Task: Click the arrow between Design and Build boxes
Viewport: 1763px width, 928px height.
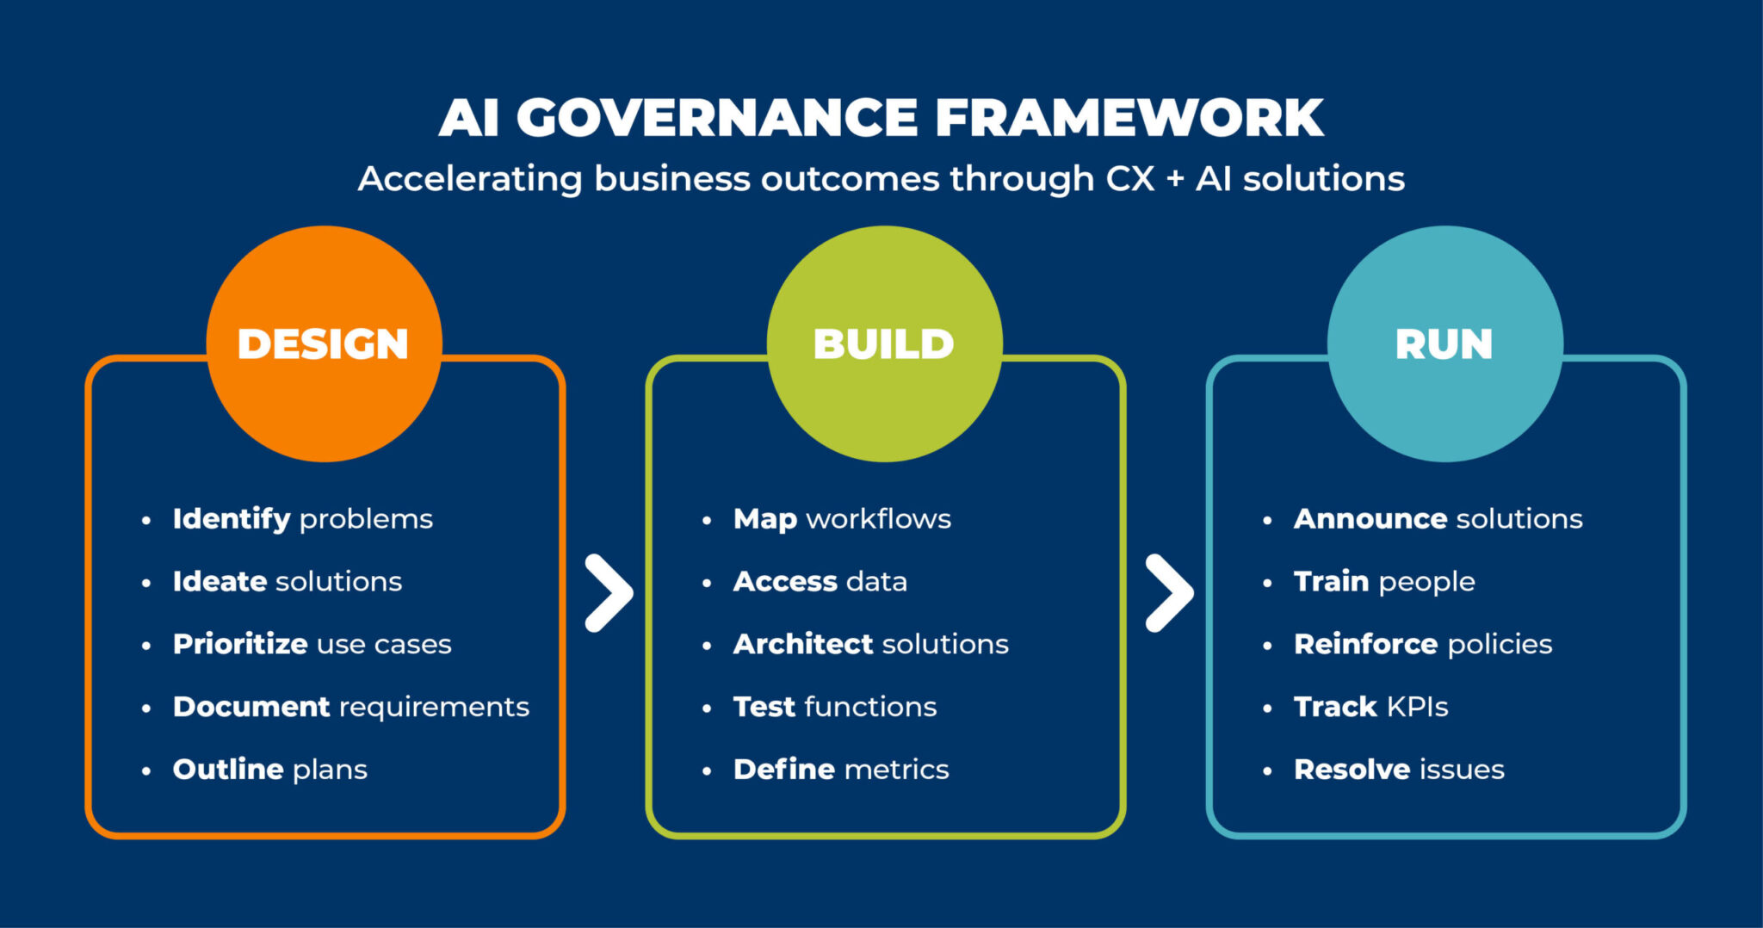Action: click(609, 593)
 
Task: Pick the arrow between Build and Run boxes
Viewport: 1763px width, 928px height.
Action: click(1169, 593)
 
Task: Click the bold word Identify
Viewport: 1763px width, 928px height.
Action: click(231, 519)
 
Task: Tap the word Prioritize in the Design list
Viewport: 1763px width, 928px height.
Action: click(240, 644)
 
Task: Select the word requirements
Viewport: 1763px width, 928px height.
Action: click(435, 707)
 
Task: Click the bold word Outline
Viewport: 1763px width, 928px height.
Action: click(228, 769)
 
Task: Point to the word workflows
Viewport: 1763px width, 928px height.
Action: click(879, 519)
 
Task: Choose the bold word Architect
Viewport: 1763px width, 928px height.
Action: click(803, 644)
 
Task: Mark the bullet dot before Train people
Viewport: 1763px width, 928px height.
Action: click(1267, 583)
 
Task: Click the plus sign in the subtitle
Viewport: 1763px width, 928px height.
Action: click(1175, 180)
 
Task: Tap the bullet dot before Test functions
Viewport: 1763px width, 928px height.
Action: click(707, 708)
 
